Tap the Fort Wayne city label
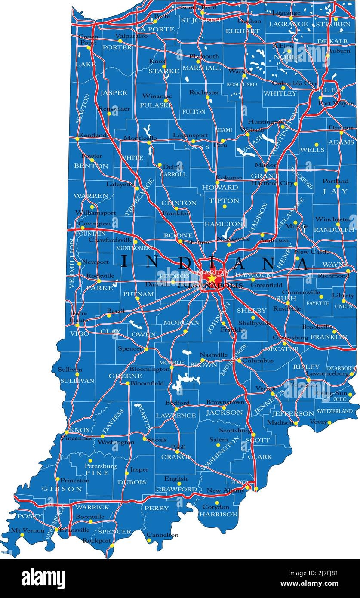coord(336,103)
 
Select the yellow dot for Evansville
coord(56,530)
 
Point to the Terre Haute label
coord(79,316)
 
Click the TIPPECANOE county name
coord(139,197)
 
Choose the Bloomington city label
coord(149,369)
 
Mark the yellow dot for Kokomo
coord(218,182)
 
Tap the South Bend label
coord(198,7)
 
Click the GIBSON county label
coord(62,489)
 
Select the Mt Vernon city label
coord(28,530)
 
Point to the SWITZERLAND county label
coord(335,411)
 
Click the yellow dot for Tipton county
coord(224,207)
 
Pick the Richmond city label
coord(333,276)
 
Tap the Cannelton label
coord(162,535)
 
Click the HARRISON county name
coord(218,514)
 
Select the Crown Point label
coord(88,40)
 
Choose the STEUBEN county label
coord(333,25)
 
